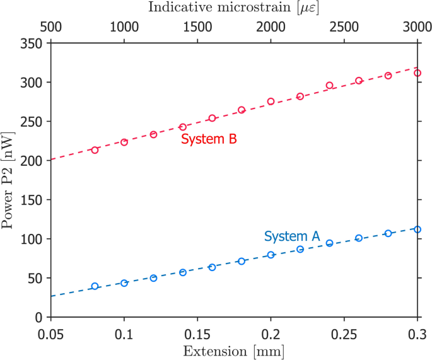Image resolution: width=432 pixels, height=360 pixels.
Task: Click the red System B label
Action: (208, 139)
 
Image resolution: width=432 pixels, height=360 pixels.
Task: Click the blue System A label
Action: (291, 236)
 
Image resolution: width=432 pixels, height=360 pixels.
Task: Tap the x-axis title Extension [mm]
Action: (234, 349)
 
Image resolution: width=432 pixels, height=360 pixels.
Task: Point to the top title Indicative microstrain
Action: (234, 8)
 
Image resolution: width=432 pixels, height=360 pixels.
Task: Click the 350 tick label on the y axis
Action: (30, 44)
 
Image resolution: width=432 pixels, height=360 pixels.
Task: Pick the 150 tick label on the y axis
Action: (30, 200)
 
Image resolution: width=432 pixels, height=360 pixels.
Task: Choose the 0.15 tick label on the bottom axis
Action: (197, 332)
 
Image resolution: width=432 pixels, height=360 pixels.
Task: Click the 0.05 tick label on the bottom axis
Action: (51, 332)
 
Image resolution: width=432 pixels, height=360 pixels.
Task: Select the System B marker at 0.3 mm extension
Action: (417, 73)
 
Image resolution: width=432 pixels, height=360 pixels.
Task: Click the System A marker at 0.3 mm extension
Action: (417, 229)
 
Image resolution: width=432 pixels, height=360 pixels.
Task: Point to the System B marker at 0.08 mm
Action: (95, 150)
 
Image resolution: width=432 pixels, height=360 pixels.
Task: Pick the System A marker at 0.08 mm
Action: (95, 286)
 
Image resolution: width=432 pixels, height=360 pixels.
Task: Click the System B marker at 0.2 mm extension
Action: (271, 102)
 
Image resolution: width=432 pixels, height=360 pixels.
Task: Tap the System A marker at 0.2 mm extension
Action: (271, 255)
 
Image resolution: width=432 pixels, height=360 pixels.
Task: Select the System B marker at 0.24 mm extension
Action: (329, 85)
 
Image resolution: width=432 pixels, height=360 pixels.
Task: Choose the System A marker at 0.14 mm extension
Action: (183, 272)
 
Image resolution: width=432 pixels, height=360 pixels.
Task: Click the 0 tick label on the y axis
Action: (38, 317)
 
